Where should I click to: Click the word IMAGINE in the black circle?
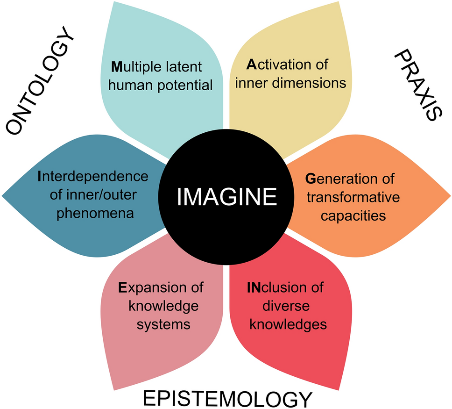pos(226,196)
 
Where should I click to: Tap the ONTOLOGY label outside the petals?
pos(41,85)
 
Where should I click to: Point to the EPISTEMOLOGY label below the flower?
pos(226,399)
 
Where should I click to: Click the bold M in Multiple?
pos(117,67)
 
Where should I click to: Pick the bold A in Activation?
pos(252,64)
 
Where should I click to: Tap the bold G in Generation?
pos(311,179)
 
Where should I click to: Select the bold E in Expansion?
pos(122,287)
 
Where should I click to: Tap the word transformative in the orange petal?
pos(353,197)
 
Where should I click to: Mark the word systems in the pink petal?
pos(164,323)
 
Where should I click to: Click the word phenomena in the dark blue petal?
pos(92,213)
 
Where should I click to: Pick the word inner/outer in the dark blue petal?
pos(105,195)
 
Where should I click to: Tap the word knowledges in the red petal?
pos(287,323)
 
